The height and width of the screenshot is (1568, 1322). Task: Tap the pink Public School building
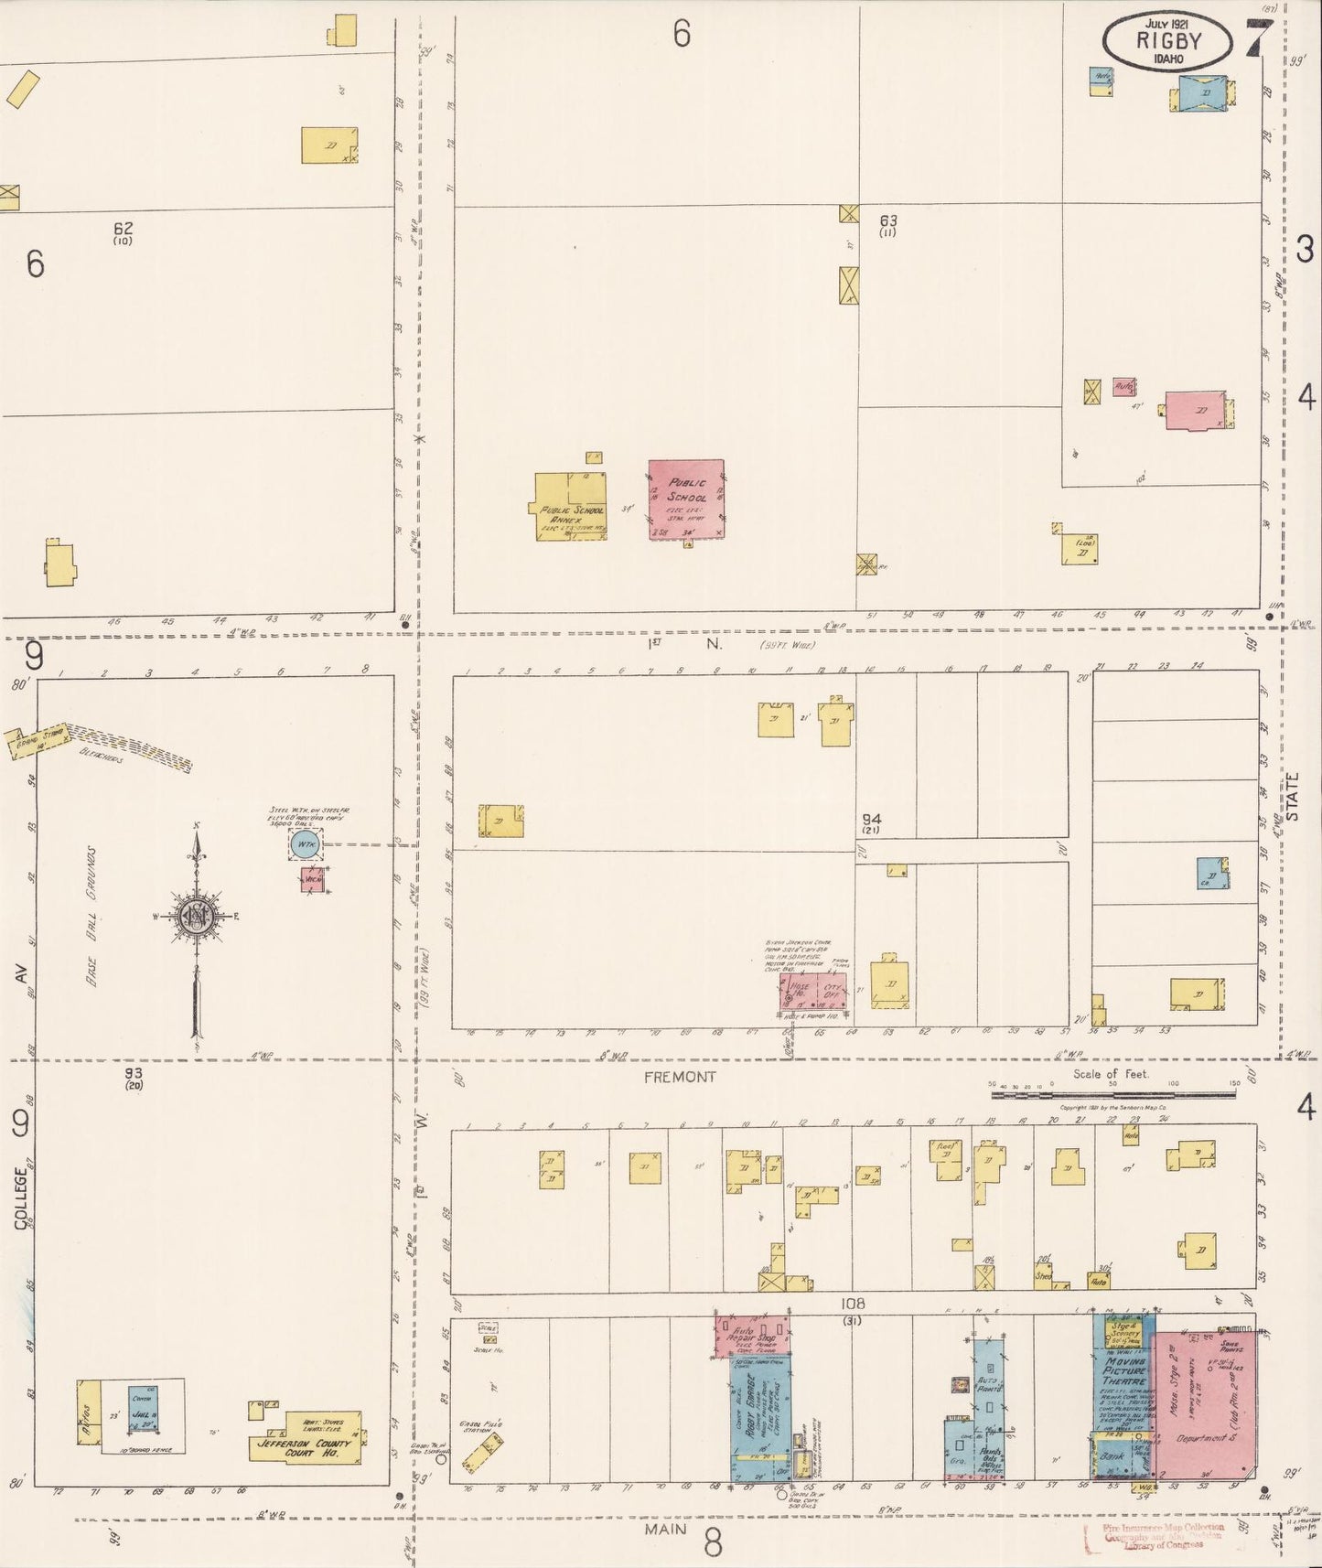(x=686, y=499)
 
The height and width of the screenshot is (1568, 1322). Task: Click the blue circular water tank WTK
(x=306, y=844)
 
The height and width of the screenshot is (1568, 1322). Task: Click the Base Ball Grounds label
(x=92, y=916)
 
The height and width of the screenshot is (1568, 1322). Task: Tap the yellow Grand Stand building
(x=38, y=741)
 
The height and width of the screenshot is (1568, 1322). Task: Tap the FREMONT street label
(x=679, y=1077)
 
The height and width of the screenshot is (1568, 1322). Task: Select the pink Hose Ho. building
(x=796, y=991)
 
